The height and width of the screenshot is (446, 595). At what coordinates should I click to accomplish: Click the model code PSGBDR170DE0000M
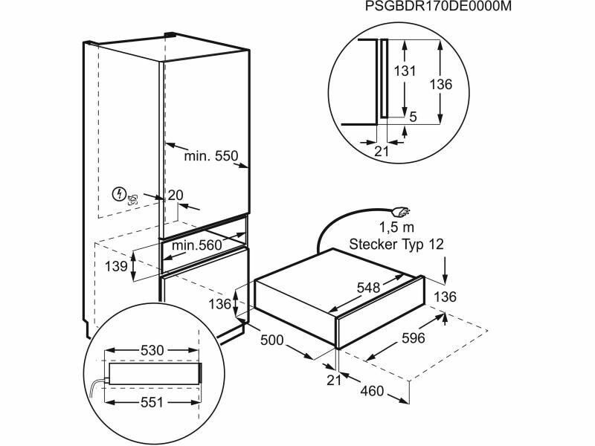[x=438, y=7]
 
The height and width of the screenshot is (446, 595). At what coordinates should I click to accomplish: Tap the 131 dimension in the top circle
[x=404, y=71]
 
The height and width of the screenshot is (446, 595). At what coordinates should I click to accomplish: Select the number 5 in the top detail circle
[x=414, y=117]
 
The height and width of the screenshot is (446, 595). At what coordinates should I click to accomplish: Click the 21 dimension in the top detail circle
[x=382, y=152]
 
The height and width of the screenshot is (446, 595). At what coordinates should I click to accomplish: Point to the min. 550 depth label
[x=211, y=155]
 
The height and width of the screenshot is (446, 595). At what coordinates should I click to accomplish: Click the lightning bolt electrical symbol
[x=118, y=194]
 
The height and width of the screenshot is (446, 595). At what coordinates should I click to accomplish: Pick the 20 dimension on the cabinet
[x=176, y=195]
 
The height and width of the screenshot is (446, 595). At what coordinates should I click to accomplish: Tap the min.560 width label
[x=196, y=245]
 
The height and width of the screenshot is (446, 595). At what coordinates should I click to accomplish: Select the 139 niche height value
[x=117, y=266]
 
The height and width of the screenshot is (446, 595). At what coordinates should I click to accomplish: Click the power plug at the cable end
[x=402, y=212]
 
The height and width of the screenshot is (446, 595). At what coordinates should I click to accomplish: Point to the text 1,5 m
[x=397, y=227]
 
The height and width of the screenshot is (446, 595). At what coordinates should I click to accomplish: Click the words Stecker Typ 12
[x=396, y=244]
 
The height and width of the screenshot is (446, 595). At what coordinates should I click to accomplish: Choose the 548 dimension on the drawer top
[x=368, y=288]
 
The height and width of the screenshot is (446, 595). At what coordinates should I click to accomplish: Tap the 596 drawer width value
[x=414, y=337]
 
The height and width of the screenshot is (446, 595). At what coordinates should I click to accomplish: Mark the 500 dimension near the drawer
[x=271, y=340]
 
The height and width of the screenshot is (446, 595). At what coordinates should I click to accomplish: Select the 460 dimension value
[x=373, y=391]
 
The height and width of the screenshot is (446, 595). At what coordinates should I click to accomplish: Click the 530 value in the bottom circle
[x=152, y=350]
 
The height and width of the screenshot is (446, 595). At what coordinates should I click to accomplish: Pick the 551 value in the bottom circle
[x=152, y=402]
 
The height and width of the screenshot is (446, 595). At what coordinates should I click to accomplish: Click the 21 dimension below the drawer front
[x=334, y=380]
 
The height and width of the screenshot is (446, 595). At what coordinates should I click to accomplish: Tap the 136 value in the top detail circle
[x=441, y=84]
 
